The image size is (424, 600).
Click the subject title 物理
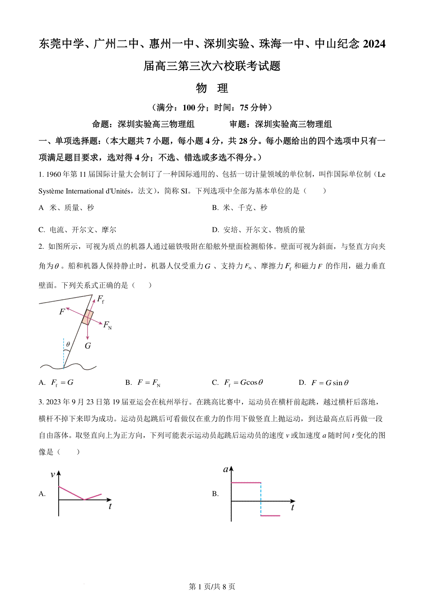[x=212, y=88]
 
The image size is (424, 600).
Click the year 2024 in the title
[x=374, y=44]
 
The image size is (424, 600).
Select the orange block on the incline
[x=88, y=317]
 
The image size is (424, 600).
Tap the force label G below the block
[x=88, y=346]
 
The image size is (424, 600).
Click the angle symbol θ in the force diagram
[x=68, y=344]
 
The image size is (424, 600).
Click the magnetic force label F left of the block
[x=62, y=312]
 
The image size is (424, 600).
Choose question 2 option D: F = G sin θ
[x=329, y=383]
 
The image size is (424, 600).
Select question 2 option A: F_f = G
[x=62, y=383]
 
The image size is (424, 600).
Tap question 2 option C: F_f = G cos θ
[x=243, y=383]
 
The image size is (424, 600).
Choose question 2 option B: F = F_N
[x=148, y=383]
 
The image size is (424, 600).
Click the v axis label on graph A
[x=53, y=475]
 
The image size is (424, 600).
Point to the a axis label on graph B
[x=226, y=470]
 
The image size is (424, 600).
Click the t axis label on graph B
[x=292, y=508]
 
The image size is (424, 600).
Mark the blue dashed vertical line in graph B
[x=261, y=498]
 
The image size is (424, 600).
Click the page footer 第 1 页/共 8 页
[x=212, y=587]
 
